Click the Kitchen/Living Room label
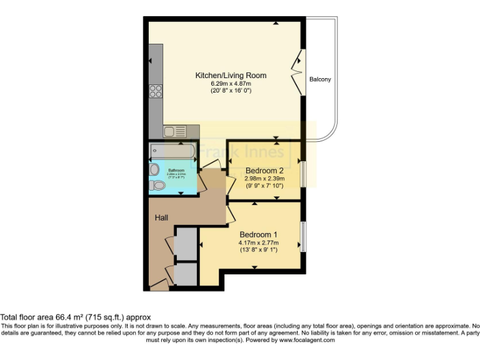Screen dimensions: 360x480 231,75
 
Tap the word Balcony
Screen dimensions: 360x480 320,79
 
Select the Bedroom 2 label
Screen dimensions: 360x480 264,170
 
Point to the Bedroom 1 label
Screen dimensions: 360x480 258,234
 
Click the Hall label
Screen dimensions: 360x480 162,217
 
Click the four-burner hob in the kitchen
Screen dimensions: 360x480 156,92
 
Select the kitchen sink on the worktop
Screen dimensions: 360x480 174,131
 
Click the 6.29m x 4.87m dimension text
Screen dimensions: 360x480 231,83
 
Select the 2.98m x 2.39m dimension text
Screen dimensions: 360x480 264,178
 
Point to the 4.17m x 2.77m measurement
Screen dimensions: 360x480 258,242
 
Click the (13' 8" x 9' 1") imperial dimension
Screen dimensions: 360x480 258,250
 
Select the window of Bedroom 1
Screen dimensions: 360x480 302,236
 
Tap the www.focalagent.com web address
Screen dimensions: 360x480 306,341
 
